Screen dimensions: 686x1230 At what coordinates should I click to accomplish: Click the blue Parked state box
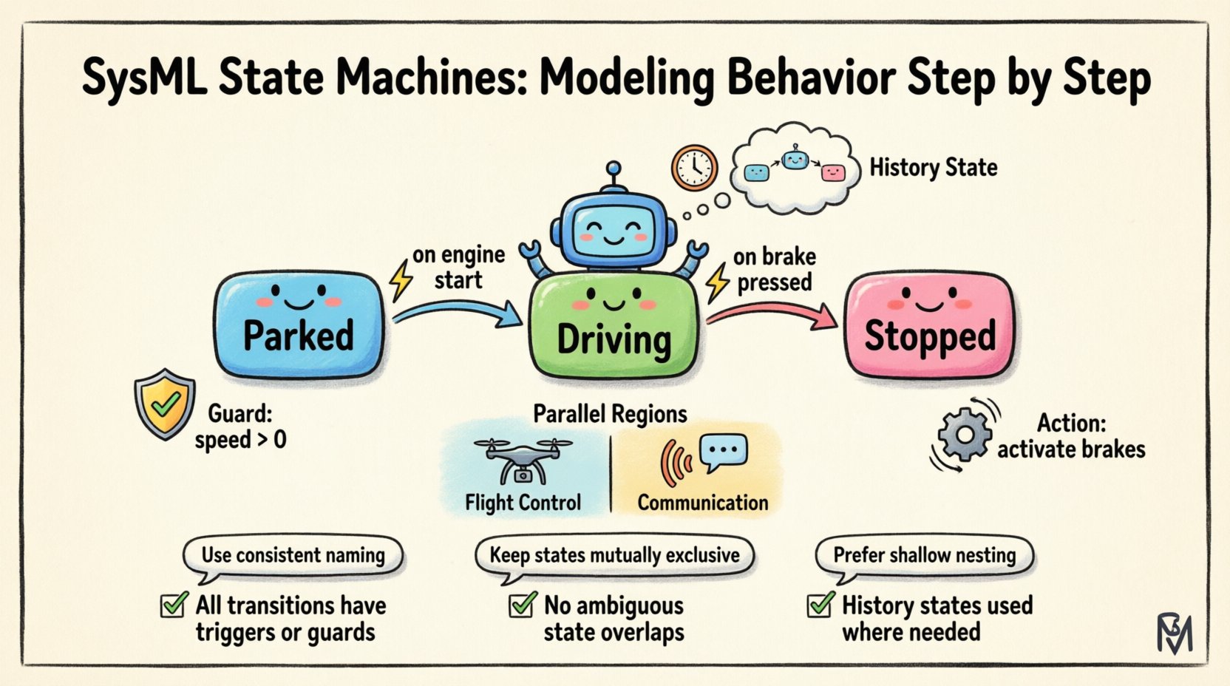(x=299, y=325)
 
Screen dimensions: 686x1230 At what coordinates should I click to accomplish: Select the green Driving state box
(x=614, y=329)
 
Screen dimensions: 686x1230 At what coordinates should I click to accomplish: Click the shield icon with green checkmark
(x=165, y=404)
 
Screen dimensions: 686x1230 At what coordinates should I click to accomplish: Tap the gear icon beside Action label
(x=964, y=435)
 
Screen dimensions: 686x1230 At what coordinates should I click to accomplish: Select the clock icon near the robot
(x=694, y=168)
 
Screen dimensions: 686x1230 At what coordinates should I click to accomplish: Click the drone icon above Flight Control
(x=523, y=458)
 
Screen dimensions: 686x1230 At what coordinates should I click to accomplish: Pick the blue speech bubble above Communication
(x=723, y=452)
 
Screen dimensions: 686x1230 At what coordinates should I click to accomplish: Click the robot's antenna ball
(x=613, y=169)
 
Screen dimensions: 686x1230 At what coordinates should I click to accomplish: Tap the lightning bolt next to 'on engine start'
(x=401, y=280)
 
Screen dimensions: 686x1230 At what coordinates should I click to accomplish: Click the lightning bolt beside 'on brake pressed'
(x=716, y=283)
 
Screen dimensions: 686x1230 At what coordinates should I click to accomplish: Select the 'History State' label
(x=933, y=168)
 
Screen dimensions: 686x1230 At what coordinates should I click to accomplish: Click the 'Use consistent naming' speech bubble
(x=293, y=555)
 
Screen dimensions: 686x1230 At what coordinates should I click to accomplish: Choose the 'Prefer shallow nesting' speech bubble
(x=924, y=555)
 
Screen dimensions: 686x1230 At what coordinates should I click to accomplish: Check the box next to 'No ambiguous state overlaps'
(x=522, y=605)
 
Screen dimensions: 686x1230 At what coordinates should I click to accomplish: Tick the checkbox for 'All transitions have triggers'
(x=174, y=605)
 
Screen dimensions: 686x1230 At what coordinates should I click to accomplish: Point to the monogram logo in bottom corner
(x=1174, y=633)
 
